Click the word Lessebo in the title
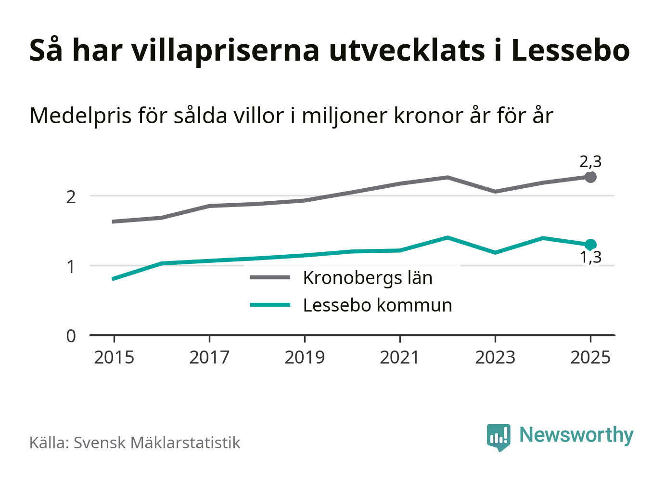[570, 50]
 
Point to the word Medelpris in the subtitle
[80, 116]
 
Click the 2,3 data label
[590, 162]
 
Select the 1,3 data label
[590, 258]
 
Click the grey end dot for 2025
[590, 177]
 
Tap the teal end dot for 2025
[590, 245]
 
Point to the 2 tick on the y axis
[71, 196]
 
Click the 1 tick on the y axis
[71, 266]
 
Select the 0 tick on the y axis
[71, 336]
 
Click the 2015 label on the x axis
[114, 358]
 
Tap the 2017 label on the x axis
[209, 358]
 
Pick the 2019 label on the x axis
[305, 358]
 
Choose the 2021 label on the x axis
[400, 358]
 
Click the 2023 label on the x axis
[495, 358]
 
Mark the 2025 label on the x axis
[590, 358]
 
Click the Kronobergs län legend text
[368, 278]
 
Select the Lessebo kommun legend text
[377, 305]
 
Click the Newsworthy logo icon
[498, 437]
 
